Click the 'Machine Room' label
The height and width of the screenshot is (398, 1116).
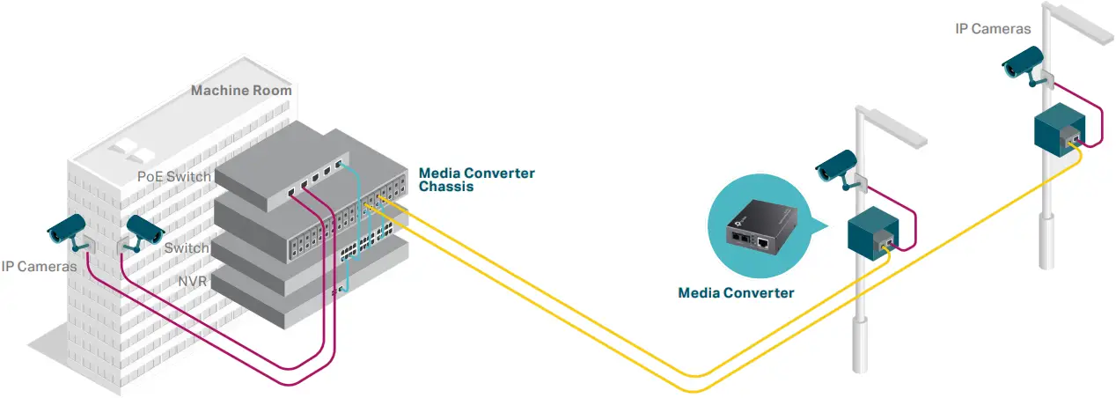241,90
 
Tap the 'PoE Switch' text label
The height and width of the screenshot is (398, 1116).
174,176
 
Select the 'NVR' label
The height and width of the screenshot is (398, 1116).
193,281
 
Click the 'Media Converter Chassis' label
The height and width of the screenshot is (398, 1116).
476,180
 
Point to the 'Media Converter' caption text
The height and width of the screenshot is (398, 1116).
736,293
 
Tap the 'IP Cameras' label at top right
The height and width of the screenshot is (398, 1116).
993,29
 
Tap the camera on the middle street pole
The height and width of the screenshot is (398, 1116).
836,168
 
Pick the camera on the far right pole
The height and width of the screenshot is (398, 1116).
1024,63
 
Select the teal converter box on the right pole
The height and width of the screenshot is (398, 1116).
1058,129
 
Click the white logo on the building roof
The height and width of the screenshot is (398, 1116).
127,149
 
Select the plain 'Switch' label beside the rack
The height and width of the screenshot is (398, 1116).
187,248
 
